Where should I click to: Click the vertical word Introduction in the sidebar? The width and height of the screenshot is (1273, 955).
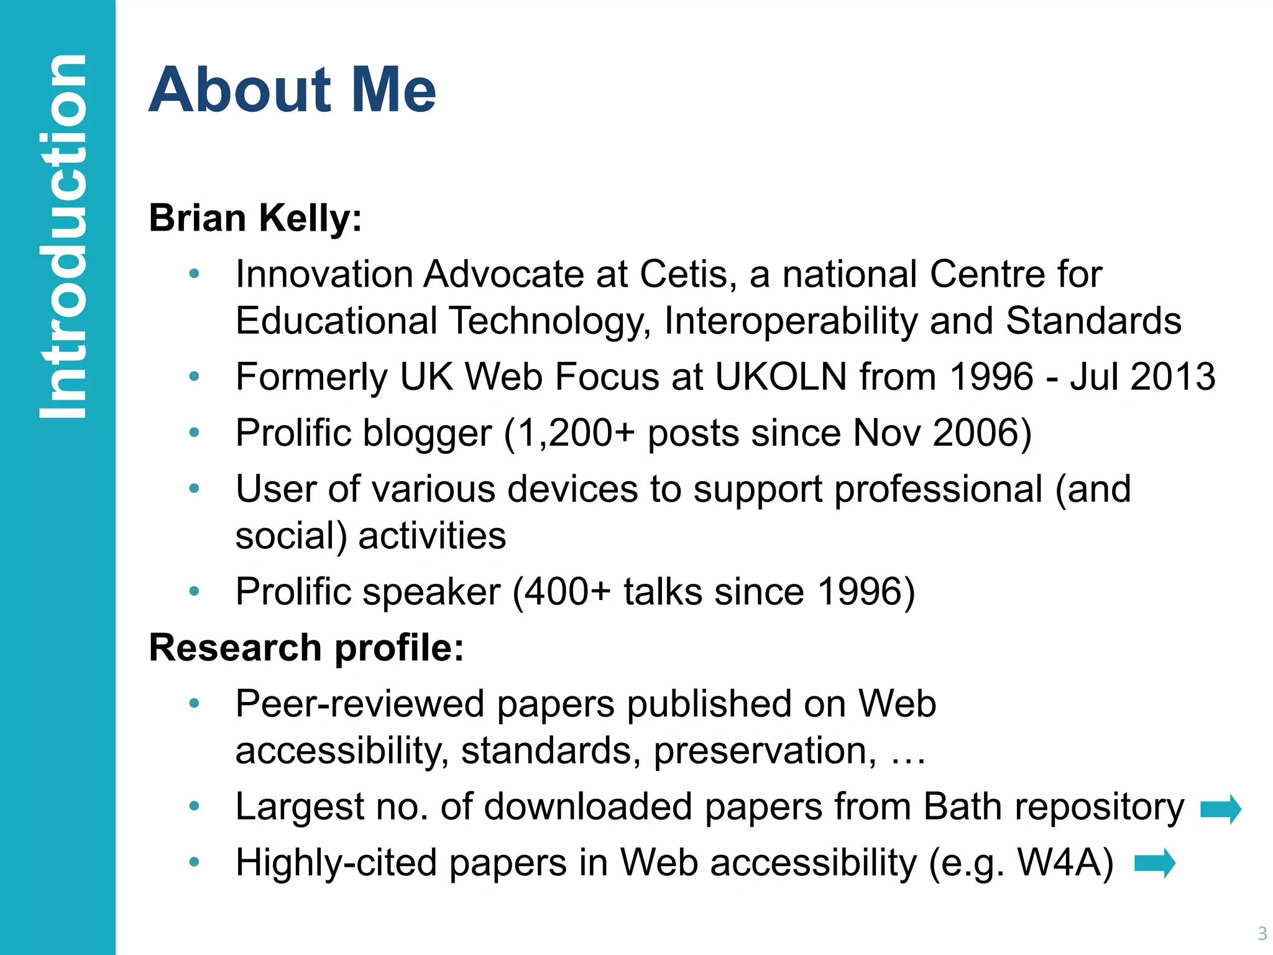point(62,236)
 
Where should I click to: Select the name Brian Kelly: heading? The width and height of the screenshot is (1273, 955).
point(255,218)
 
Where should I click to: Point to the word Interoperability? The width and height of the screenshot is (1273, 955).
point(790,321)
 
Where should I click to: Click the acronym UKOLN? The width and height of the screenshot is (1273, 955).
point(781,377)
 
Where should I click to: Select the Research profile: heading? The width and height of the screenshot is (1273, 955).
point(306,648)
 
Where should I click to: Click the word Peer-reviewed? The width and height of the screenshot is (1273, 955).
point(360,704)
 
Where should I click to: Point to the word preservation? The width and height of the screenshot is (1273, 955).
point(765,750)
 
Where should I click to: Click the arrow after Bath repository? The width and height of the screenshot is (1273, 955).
point(1220,809)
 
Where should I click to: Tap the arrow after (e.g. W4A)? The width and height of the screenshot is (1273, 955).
point(1154,863)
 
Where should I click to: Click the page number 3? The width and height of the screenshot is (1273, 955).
point(1262,933)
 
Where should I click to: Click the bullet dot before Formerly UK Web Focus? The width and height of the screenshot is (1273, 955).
point(195,376)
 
